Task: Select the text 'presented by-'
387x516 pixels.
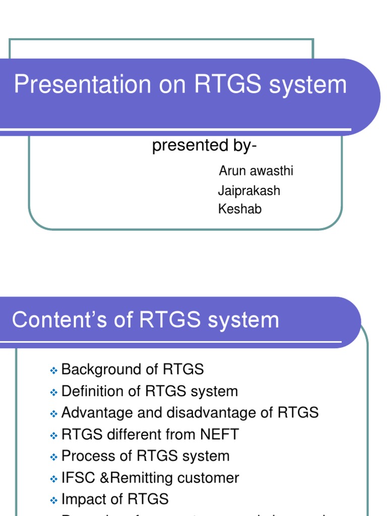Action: (204, 146)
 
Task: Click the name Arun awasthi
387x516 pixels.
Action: (256, 171)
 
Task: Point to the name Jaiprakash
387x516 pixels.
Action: (249, 190)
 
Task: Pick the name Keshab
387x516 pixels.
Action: (240, 209)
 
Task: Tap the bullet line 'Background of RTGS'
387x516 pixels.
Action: (133, 369)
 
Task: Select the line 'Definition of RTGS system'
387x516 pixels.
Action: (150, 391)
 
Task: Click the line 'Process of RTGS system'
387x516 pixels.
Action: (145, 456)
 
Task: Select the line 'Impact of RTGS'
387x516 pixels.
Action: (115, 499)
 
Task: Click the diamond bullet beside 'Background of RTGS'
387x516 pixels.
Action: (54, 371)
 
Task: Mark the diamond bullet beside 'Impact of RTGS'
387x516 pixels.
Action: (54, 501)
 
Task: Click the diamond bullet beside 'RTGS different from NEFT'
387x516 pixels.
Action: (54, 436)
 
